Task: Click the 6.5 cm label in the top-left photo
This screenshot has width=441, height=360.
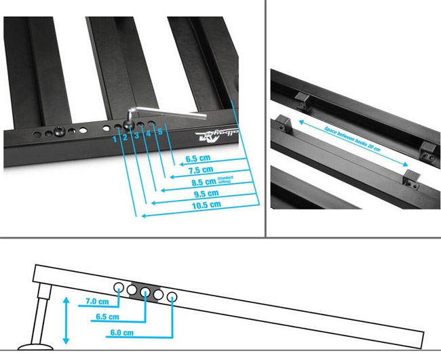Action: (x=197, y=159)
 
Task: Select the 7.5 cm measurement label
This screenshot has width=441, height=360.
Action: (x=197, y=170)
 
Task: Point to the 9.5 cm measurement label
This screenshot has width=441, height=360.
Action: (x=197, y=193)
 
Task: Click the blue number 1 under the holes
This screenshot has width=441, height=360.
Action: (x=115, y=139)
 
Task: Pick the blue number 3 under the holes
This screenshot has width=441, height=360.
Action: (x=136, y=136)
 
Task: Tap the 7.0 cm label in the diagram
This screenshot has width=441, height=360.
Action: (x=97, y=301)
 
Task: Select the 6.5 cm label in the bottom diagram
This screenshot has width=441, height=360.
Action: (x=108, y=317)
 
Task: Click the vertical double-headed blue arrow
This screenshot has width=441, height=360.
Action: (x=65, y=319)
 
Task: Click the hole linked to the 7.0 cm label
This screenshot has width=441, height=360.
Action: (x=119, y=286)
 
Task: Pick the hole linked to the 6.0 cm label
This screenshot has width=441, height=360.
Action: (x=172, y=297)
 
